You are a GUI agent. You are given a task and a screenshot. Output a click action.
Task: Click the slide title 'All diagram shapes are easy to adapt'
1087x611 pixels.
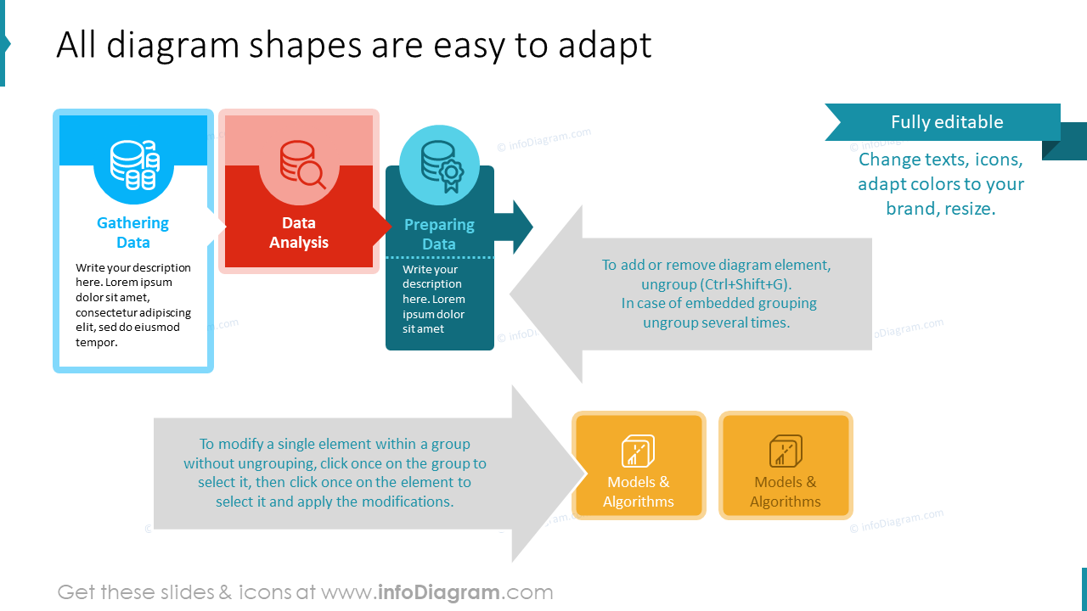tap(353, 46)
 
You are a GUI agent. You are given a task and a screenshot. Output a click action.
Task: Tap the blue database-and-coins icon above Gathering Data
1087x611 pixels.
tap(134, 165)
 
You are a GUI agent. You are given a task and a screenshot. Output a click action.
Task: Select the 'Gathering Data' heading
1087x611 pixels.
tap(133, 233)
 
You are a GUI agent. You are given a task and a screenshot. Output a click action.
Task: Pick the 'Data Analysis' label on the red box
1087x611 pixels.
tap(299, 233)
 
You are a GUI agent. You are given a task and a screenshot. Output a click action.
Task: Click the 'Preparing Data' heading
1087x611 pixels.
tap(439, 234)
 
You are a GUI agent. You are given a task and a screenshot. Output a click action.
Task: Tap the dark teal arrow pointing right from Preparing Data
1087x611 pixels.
tap(515, 227)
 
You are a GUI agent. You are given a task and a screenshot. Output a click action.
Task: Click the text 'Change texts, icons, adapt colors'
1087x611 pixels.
tap(941, 184)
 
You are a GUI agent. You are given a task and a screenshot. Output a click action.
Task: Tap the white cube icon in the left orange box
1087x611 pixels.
tap(638, 451)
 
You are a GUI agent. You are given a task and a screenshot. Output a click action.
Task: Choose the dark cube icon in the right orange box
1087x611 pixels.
tap(786, 451)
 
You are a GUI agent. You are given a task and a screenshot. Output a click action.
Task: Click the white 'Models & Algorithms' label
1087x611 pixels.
tap(639, 491)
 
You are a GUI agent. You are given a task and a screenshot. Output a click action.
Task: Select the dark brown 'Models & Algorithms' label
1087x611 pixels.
tap(786, 491)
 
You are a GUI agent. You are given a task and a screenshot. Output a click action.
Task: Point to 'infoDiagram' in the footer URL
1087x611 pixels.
tap(437, 591)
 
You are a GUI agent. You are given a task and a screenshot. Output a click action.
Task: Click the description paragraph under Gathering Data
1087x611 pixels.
tap(133, 305)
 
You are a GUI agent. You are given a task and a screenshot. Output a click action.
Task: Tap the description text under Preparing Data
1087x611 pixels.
tap(434, 299)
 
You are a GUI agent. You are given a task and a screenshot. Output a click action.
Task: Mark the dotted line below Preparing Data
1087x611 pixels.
tap(440, 257)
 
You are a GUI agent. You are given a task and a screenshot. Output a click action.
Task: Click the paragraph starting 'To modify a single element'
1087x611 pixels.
tap(335, 473)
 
